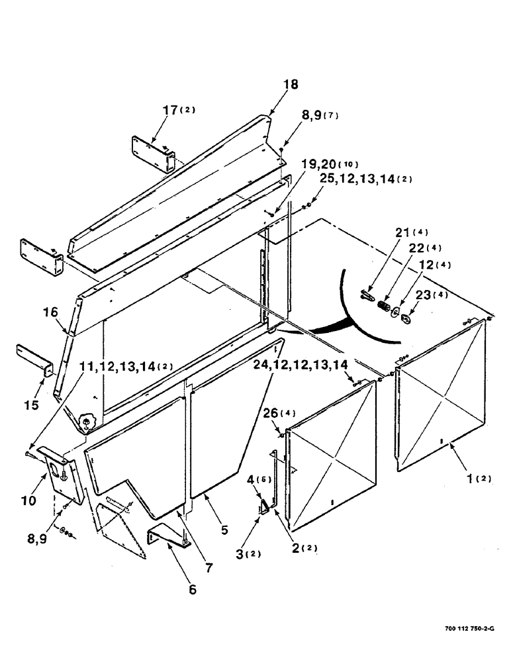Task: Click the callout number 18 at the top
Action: [291, 84]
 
